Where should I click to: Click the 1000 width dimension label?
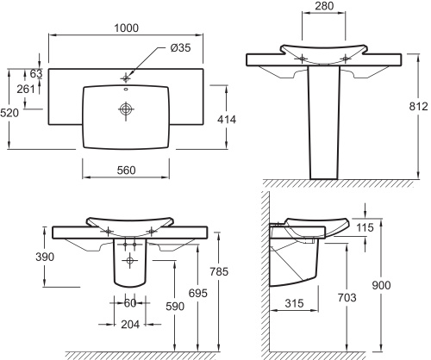tap(127, 28)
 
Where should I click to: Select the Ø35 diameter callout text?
tap(180, 47)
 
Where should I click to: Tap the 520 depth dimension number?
tap(9, 113)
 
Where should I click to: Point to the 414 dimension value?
tap(227, 120)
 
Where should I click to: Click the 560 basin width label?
tap(126, 171)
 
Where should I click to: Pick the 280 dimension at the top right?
tap(324, 6)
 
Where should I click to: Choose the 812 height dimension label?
tap(419, 107)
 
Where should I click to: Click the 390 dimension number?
tap(45, 257)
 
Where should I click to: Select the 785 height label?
tap(219, 271)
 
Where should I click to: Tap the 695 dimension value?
tap(198, 293)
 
